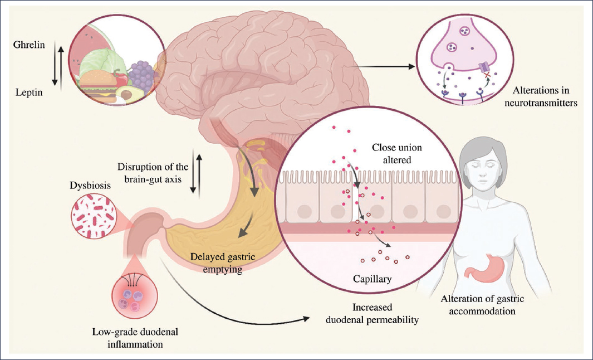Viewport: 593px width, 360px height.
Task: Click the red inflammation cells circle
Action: tap(132, 296)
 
